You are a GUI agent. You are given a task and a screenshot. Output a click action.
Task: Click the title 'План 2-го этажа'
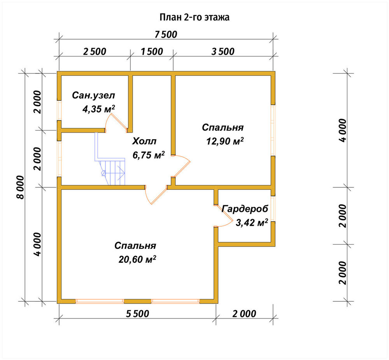(194, 17)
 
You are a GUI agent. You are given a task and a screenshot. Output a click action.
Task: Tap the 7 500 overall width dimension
(166, 35)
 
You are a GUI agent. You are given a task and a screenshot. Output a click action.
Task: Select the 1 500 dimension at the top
(152, 52)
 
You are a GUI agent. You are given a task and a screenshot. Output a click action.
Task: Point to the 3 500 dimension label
(223, 52)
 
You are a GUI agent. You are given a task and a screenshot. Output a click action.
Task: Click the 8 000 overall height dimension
(21, 187)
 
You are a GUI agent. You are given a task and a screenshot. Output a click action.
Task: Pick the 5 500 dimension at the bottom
(137, 314)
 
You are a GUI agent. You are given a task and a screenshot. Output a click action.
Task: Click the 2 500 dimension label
(95, 52)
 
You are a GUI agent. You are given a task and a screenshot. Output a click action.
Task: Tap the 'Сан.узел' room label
(93, 96)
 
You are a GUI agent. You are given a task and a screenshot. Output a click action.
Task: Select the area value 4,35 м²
(98, 109)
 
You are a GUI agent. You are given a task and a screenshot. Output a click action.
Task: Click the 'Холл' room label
(144, 141)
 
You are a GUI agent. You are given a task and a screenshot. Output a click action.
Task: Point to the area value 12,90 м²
(225, 142)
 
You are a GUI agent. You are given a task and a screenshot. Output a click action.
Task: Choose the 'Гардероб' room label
(245, 209)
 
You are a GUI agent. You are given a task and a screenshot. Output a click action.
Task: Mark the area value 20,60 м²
(137, 259)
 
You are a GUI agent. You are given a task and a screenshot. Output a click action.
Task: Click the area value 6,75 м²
(149, 155)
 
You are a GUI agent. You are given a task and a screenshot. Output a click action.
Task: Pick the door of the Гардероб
(224, 216)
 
